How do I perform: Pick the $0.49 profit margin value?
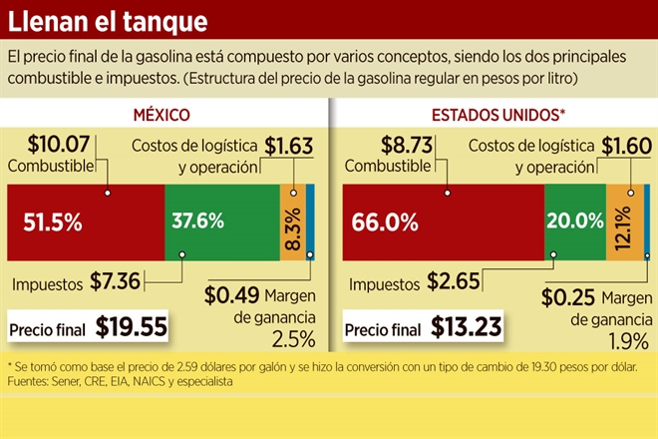pyautogui.click(x=231, y=295)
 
